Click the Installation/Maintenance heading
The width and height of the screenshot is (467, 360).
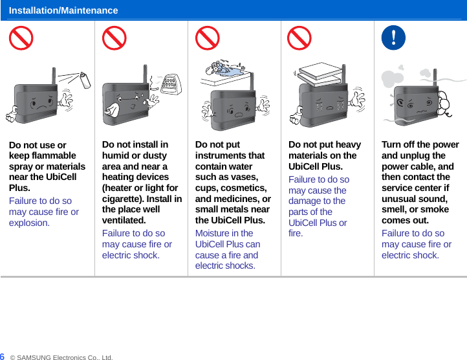[x=63, y=10]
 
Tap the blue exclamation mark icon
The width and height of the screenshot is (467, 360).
[x=393, y=38]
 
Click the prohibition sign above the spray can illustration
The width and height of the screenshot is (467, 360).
[x=21, y=38]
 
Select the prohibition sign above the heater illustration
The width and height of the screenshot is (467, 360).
[x=114, y=38]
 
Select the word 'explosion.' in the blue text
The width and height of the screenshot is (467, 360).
[x=29, y=223]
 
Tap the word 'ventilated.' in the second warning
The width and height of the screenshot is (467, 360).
[x=124, y=220]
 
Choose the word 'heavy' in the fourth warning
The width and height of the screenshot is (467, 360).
[x=347, y=144]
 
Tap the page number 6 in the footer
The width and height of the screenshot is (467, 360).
[x=3, y=356]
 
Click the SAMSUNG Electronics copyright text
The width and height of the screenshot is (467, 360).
[x=61, y=357]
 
